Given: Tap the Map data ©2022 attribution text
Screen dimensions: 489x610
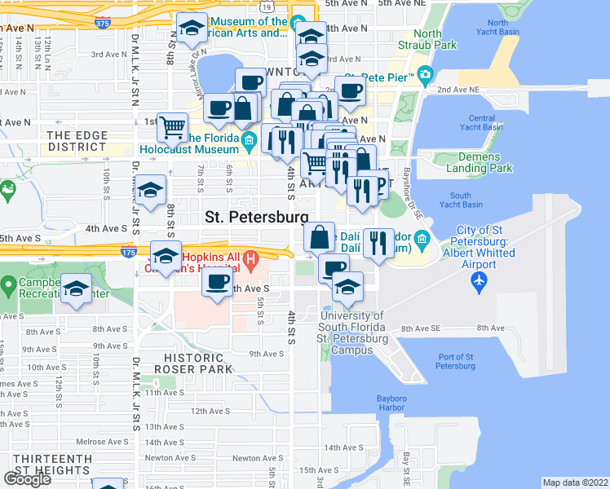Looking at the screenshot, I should click(x=575, y=482).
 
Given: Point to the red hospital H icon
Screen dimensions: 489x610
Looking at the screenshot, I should click(x=251, y=261).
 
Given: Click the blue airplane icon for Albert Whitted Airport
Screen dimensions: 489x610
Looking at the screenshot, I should click(x=479, y=282).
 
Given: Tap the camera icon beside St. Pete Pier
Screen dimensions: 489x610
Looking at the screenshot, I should click(x=424, y=77).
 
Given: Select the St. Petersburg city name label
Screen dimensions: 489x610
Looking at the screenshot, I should click(x=256, y=217).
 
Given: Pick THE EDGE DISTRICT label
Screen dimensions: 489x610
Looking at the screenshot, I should click(x=77, y=141).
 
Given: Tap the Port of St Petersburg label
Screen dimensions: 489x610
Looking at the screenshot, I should click(x=456, y=361).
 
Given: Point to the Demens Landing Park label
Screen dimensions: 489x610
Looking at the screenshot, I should click(x=484, y=162).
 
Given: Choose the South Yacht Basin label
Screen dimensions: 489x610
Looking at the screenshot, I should click(x=461, y=200).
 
